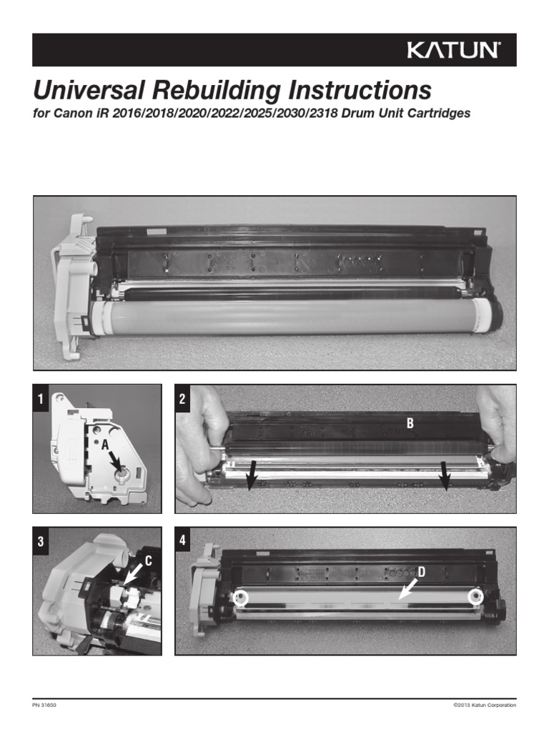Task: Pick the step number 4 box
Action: click(183, 541)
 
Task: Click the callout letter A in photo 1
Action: click(104, 445)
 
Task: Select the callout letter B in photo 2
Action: click(410, 423)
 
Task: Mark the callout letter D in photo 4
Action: click(422, 571)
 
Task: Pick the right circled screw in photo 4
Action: click(473, 597)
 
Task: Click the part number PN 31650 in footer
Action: click(44, 705)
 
